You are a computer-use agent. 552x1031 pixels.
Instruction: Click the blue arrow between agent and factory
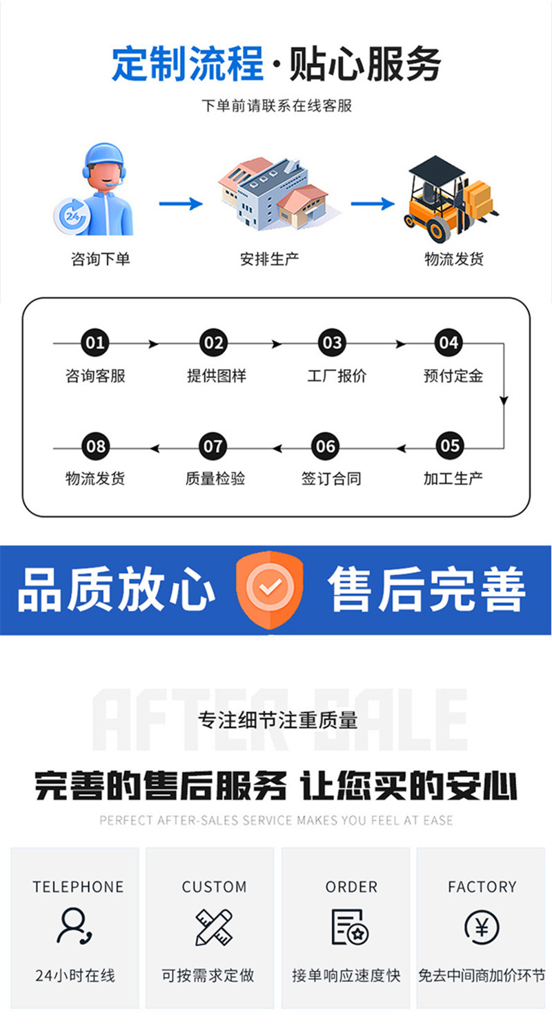[x=180, y=204]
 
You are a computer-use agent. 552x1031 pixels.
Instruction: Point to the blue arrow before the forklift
[x=372, y=204]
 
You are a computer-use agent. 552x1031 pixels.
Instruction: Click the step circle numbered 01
[x=95, y=343]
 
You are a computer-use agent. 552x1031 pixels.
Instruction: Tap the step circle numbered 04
[x=448, y=343]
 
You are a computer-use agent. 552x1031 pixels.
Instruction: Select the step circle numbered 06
[x=325, y=446]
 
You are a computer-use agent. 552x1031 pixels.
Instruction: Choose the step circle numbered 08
[x=95, y=446]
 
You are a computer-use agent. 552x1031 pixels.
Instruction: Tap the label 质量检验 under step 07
[x=215, y=478]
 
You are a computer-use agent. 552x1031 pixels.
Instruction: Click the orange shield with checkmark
[x=270, y=589]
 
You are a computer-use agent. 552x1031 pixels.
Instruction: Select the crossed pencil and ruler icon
[x=214, y=927]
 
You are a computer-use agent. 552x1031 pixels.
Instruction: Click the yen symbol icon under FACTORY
[x=482, y=927]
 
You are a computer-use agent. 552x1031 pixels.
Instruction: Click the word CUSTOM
[x=214, y=887]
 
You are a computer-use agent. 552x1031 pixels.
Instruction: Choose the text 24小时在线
[x=75, y=976]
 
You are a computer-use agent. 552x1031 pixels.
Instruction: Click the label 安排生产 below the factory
[x=269, y=259]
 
